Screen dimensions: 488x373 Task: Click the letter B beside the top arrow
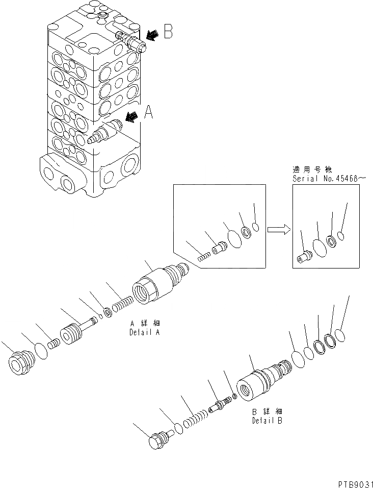167,33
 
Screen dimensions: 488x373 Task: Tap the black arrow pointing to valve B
151,35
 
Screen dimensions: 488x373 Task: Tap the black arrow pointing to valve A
131,117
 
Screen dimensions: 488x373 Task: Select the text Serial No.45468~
329,179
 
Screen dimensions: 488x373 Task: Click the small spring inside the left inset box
204,258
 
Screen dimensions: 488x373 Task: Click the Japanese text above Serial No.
311,170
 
